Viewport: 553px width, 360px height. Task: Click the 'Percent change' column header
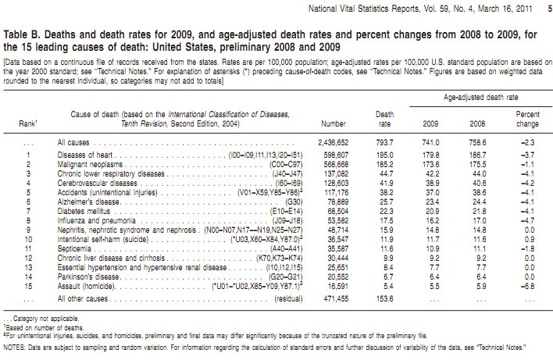tap(527, 119)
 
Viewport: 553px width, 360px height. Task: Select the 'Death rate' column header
tap(384, 119)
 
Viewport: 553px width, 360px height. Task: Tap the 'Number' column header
tap(334, 123)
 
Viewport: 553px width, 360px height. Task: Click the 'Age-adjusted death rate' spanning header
tap(480, 98)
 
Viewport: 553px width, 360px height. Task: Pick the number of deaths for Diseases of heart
tap(336, 155)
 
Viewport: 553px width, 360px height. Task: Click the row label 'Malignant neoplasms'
tap(90, 165)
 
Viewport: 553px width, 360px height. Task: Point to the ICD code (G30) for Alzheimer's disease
tap(294, 202)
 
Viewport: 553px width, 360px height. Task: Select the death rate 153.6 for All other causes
tap(384, 298)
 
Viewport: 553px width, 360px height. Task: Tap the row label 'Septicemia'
tap(74, 249)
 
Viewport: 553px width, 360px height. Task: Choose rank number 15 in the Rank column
tap(28, 287)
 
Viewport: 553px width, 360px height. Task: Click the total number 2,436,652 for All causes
tap(333, 143)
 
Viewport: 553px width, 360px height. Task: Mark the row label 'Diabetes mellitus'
tap(84, 211)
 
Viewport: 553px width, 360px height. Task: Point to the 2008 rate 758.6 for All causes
tap(477, 143)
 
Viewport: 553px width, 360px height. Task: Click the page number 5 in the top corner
tap(550, 9)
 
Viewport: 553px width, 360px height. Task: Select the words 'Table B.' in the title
tap(22, 34)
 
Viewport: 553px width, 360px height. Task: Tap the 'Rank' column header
tap(28, 123)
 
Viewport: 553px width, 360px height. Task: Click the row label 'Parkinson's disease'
tap(88, 276)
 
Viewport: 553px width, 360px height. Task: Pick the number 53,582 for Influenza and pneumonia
tap(337, 221)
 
